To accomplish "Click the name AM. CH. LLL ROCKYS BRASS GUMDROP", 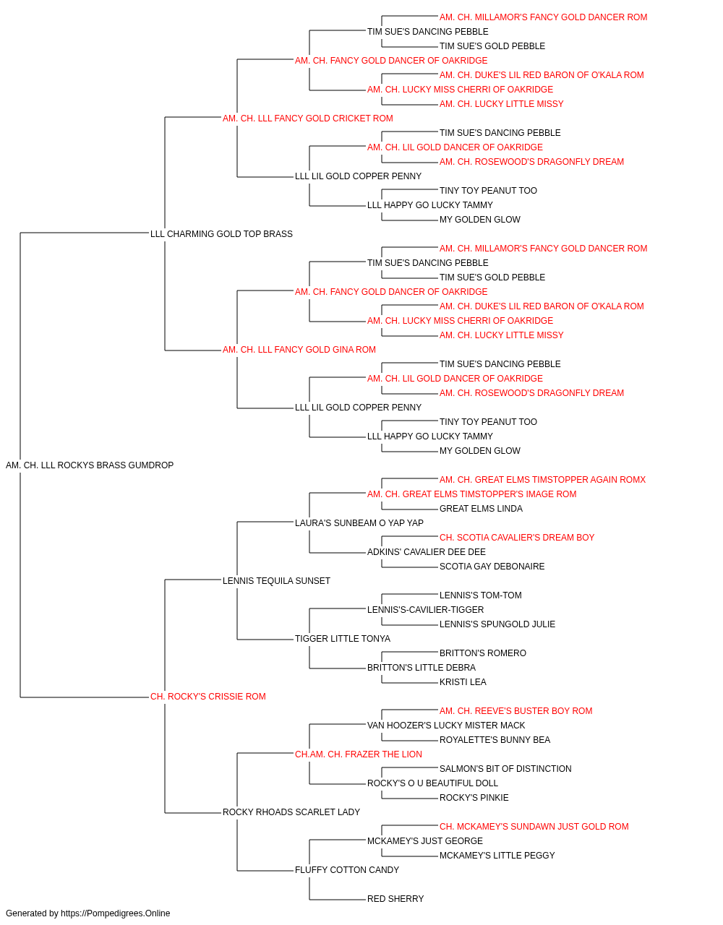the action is click(x=90, y=465).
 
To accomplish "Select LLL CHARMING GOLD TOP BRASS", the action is click(x=221, y=234).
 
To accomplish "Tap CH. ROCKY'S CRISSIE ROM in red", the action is click(x=208, y=697).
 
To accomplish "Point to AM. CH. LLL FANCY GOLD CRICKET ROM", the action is click(x=307, y=119).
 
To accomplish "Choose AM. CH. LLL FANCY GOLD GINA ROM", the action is click(x=299, y=350).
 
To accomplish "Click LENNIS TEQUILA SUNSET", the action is click(x=276, y=581).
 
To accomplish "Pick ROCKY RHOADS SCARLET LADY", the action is click(x=291, y=812).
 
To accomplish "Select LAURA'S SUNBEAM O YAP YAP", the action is click(x=359, y=523).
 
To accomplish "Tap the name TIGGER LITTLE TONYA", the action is click(x=342, y=639).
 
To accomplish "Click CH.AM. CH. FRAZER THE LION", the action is click(x=358, y=754).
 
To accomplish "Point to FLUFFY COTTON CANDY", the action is click(x=346, y=870).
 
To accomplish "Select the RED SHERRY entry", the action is click(x=395, y=899).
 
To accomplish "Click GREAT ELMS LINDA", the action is click(x=481, y=509).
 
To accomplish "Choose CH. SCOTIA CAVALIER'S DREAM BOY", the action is click(x=516, y=538).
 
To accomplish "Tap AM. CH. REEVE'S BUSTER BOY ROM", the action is click(x=515, y=711).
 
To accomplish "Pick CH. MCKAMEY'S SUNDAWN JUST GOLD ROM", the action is click(x=534, y=827).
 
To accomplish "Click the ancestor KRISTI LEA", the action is click(x=463, y=682).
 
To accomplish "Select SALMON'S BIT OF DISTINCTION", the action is click(x=505, y=769).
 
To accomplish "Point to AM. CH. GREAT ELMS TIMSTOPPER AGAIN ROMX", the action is click(x=542, y=480).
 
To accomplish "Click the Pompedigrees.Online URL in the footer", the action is click(x=116, y=913).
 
